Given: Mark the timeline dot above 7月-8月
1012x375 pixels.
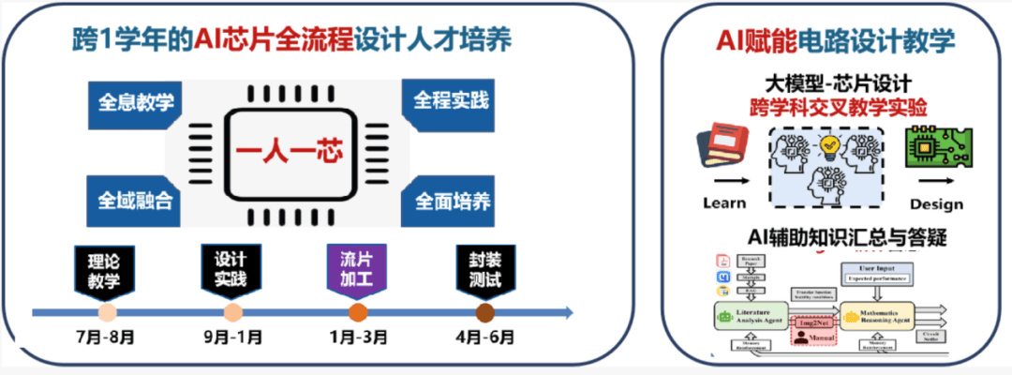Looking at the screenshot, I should (x=108, y=312).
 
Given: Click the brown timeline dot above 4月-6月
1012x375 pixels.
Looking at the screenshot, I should (x=484, y=312).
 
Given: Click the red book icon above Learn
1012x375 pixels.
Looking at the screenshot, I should (x=722, y=150).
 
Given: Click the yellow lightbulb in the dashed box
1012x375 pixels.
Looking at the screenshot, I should (x=828, y=143).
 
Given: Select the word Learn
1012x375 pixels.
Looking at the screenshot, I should (x=724, y=203).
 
